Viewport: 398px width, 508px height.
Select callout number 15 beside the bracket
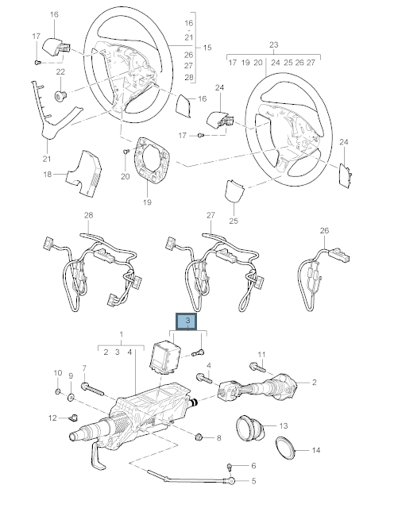[207, 48]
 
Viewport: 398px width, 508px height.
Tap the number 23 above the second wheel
[273, 44]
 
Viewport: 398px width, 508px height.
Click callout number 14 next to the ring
[316, 450]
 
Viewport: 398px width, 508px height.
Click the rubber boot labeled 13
[249, 428]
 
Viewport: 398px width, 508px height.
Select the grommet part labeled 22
[60, 96]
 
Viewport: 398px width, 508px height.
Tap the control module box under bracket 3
[165, 356]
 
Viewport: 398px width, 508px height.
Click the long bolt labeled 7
[93, 389]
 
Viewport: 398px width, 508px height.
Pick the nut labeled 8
[199, 437]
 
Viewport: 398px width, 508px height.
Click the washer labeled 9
[71, 397]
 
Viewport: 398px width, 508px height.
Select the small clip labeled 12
[73, 418]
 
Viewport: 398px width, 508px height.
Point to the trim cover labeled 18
[85, 173]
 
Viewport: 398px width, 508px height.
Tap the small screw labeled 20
[126, 152]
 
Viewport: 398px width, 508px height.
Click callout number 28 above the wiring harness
[88, 215]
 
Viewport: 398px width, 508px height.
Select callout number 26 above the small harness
[324, 231]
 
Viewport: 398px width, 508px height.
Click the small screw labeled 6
[230, 466]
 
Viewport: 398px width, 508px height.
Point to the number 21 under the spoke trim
[47, 159]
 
